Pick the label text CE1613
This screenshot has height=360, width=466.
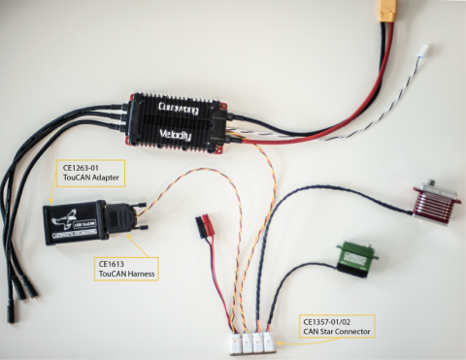pyautogui.click(x=114, y=264)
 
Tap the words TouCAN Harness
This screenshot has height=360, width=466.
pyautogui.click(x=126, y=276)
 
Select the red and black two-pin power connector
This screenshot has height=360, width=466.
pyautogui.click(x=205, y=225)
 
